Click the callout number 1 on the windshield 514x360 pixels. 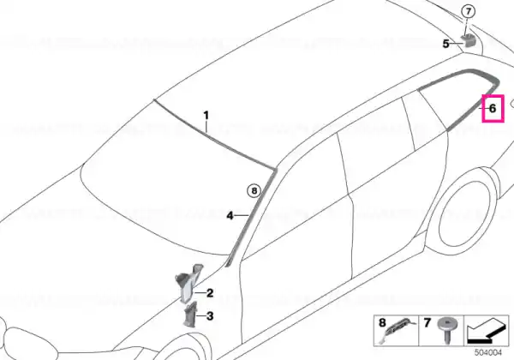point(206,116)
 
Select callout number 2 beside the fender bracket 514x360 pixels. point(210,293)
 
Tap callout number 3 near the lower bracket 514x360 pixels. point(210,316)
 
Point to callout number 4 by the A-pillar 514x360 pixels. point(230,216)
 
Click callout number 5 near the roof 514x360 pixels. point(445,44)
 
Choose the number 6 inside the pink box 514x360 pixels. point(493,108)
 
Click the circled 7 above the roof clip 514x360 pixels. point(468,12)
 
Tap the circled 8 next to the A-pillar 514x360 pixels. point(254,190)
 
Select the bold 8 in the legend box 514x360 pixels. point(382,322)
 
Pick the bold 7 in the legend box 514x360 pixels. point(427,323)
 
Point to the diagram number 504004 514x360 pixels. point(488,353)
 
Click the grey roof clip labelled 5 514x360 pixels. point(468,40)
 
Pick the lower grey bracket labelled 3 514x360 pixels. point(190,314)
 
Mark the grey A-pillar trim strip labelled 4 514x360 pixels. point(251,215)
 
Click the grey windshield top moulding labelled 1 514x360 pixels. point(213,135)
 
